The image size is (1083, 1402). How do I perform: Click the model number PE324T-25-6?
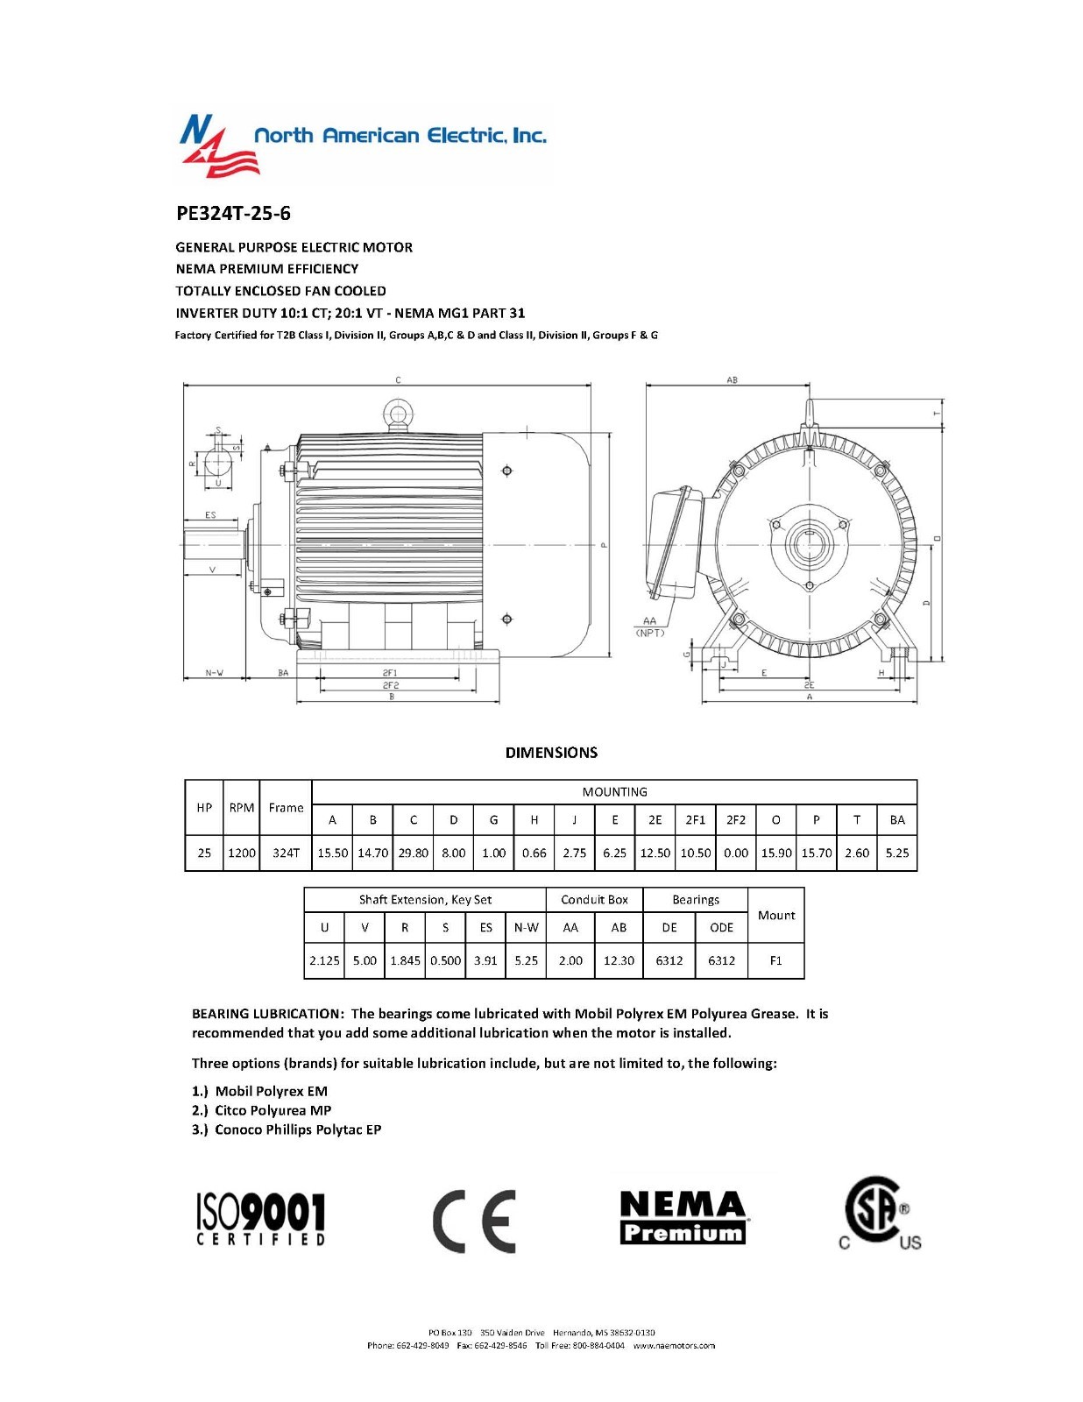(x=233, y=213)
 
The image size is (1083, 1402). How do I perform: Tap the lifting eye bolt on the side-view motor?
(x=397, y=414)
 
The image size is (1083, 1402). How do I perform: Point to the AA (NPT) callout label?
(x=649, y=626)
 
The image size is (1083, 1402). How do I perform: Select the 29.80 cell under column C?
(x=413, y=853)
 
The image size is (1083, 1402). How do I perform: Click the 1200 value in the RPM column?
(x=242, y=853)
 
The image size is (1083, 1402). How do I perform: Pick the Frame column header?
(x=286, y=808)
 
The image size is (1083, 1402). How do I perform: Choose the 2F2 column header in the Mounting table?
(x=736, y=820)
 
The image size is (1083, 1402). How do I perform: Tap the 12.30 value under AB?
(x=619, y=960)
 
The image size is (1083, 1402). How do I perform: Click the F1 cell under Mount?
(x=775, y=960)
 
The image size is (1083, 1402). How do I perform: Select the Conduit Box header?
(x=594, y=900)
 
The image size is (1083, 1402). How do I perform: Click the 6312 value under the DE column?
(x=669, y=960)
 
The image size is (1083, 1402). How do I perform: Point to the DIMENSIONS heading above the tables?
(x=551, y=753)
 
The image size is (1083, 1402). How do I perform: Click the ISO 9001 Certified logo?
(x=260, y=1218)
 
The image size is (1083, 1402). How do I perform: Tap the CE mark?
(x=474, y=1221)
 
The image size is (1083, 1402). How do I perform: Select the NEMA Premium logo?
(x=683, y=1218)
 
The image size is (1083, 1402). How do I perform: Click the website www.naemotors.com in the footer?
(x=674, y=1345)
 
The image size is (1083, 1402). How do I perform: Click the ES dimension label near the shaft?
(x=210, y=515)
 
